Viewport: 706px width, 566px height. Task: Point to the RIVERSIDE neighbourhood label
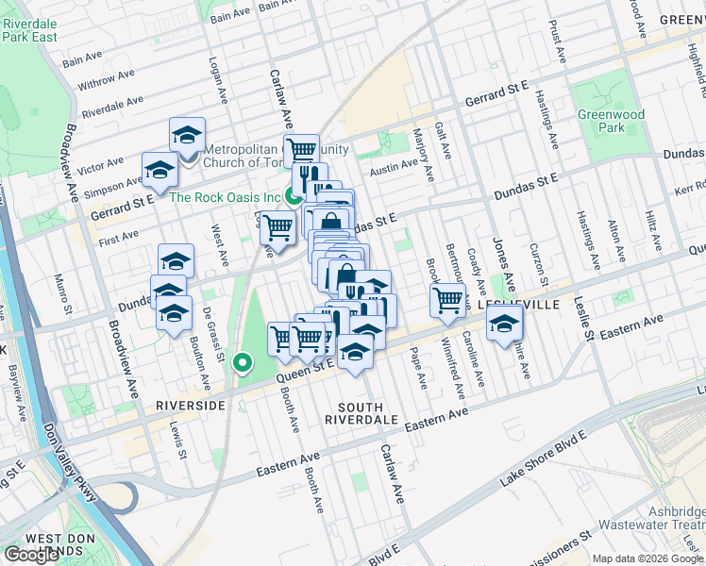(191, 405)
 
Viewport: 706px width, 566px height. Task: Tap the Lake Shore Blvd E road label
(543, 459)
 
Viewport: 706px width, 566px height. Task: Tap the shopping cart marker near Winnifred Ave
(448, 300)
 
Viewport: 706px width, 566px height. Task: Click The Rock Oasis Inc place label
(226, 197)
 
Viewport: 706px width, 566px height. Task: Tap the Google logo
(31, 555)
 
